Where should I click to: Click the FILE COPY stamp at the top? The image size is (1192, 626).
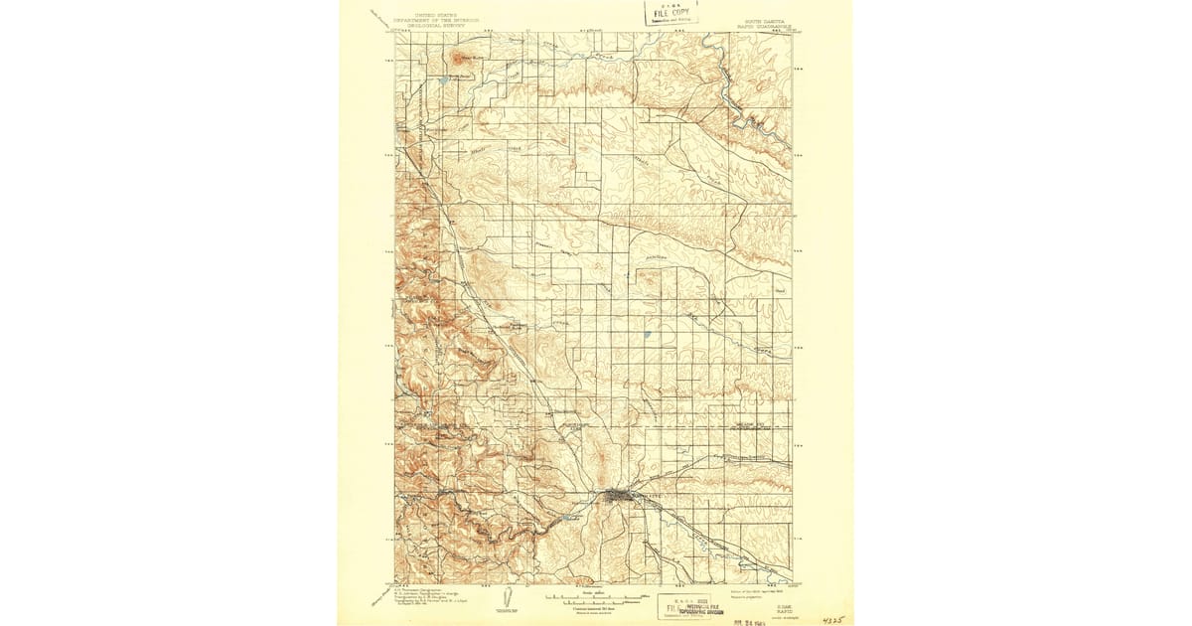click(671, 13)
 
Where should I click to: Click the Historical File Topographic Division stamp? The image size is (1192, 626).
click(691, 603)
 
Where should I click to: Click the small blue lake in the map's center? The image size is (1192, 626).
click(647, 334)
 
